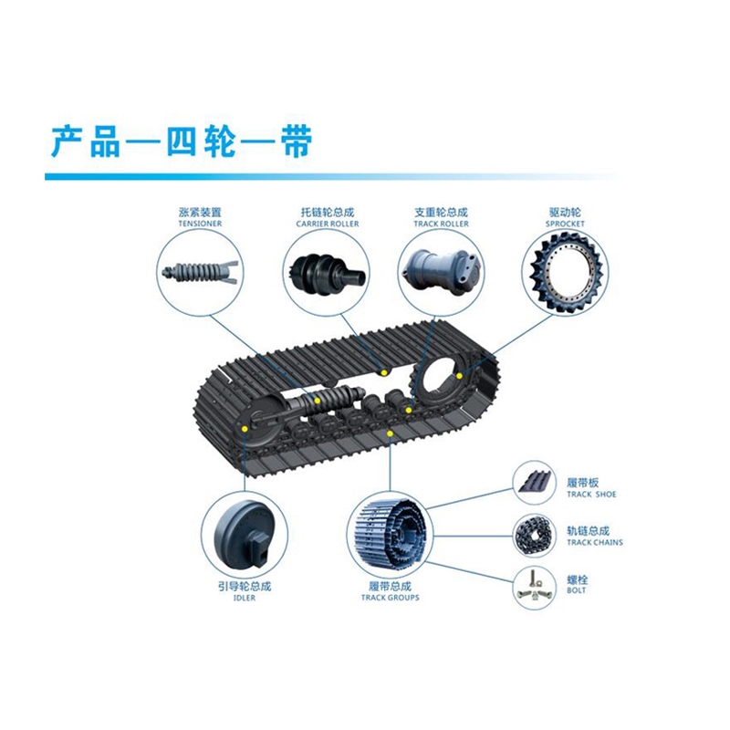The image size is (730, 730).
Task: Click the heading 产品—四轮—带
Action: click(181, 141)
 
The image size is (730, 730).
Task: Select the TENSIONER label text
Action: click(200, 224)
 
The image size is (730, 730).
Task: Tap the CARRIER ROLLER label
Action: click(328, 224)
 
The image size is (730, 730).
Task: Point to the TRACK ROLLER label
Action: click(441, 224)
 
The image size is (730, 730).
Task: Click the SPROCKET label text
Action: click(565, 224)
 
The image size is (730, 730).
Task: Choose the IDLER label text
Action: click(244, 598)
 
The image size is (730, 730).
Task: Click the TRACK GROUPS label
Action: click(390, 598)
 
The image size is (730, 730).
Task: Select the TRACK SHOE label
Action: click(591, 495)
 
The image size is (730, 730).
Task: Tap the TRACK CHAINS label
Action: click(594, 543)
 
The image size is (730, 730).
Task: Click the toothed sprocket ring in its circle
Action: click(565, 271)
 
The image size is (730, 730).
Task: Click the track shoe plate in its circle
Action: click(533, 482)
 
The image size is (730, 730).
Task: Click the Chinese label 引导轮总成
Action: click(244, 586)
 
